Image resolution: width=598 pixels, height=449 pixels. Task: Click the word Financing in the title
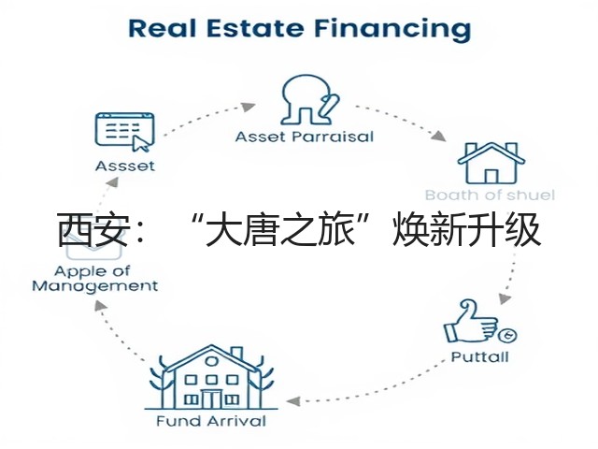(392, 29)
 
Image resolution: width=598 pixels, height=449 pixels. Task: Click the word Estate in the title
(255, 28)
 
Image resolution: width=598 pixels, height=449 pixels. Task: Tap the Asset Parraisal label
(305, 137)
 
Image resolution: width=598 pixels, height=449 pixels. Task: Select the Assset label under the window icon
(125, 166)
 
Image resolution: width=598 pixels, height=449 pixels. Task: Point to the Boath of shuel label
(490, 195)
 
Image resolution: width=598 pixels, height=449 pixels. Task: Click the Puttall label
(479, 356)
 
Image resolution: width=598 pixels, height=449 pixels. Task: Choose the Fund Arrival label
(211, 421)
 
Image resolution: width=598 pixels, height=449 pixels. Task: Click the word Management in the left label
(95, 286)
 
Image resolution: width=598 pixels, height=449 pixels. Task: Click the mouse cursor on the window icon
(139, 144)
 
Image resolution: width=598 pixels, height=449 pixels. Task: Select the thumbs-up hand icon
(471, 322)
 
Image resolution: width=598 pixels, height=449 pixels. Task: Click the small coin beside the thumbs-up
(507, 336)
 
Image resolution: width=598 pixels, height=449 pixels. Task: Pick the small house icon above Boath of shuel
(491, 163)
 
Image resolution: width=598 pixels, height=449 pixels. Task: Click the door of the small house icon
(491, 177)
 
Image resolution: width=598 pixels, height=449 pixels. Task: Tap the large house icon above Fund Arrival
(211, 377)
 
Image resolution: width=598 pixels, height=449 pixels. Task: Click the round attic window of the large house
(212, 361)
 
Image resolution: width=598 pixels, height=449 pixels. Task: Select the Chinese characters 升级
(505, 230)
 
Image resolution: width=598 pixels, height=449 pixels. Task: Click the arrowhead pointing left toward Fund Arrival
(292, 401)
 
